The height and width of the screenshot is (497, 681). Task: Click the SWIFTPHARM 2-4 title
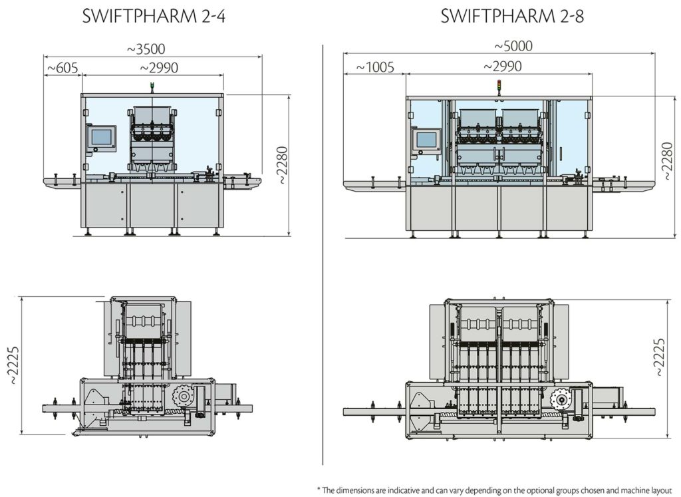[154, 17]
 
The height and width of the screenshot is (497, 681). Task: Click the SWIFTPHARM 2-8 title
[512, 17]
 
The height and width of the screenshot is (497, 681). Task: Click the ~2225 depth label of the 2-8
[659, 358]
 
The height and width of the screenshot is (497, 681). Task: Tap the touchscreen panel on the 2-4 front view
[102, 137]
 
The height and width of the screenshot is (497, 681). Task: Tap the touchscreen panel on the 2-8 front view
[426, 140]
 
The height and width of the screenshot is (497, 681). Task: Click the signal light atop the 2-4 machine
[152, 86]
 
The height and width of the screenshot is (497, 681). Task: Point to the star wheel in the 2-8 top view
[562, 400]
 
